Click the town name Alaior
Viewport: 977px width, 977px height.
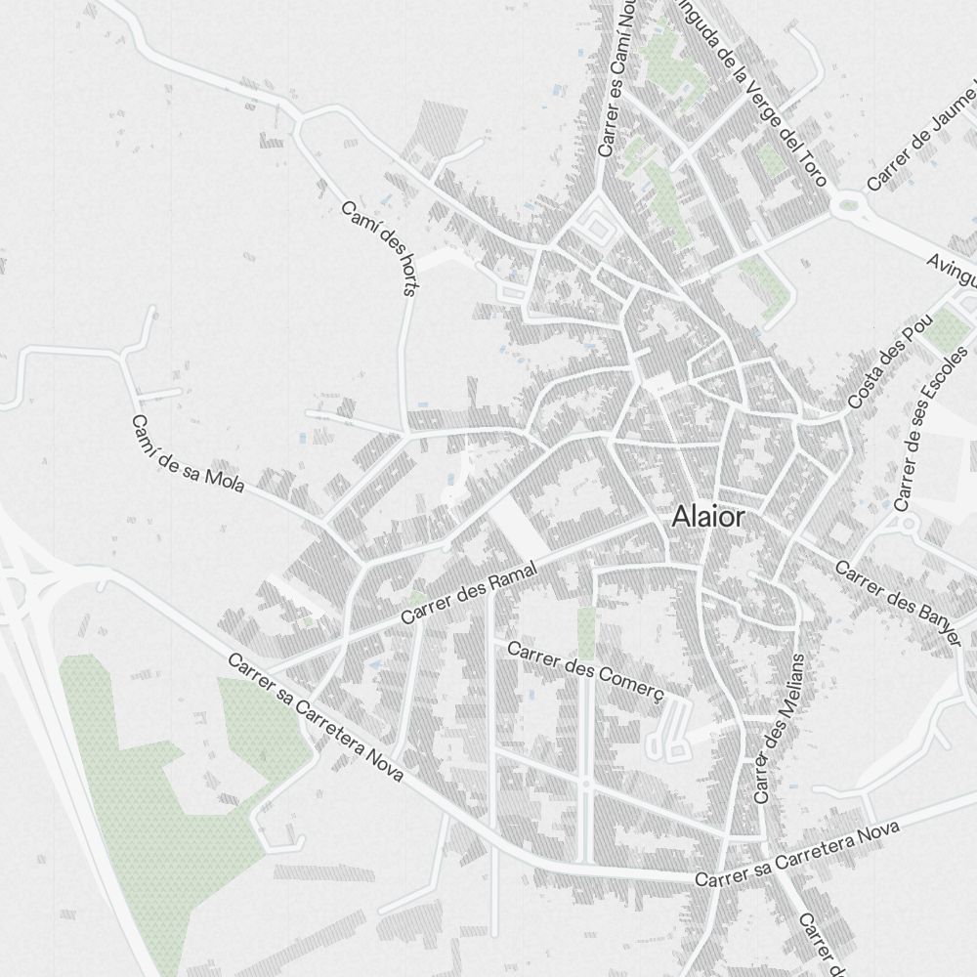pos(707,518)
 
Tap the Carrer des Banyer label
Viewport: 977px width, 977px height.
pos(900,602)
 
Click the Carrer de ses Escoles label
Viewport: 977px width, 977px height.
pos(935,428)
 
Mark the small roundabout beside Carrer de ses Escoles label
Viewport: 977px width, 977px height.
pos(908,525)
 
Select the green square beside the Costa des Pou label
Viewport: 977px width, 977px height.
pos(945,330)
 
